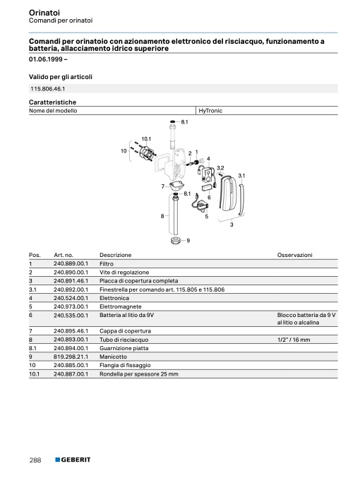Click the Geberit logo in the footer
(73, 460)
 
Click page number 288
(35, 460)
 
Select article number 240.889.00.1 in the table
(71, 263)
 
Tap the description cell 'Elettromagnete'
(121, 306)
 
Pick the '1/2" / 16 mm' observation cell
(294, 340)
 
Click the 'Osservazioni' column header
(295, 255)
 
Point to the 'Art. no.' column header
(64, 255)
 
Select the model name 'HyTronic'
(210, 111)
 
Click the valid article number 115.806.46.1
(47, 89)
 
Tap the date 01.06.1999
(46, 59)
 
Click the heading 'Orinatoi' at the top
(44, 13)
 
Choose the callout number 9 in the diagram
(188, 241)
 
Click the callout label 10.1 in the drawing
(146, 139)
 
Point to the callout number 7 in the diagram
(163, 186)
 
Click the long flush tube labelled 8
(175, 215)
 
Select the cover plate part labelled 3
(228, 193)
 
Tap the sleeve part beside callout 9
(176, 240)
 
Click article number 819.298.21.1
(71, 357)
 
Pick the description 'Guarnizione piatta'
(124, 348)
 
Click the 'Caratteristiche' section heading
(52, 102)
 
